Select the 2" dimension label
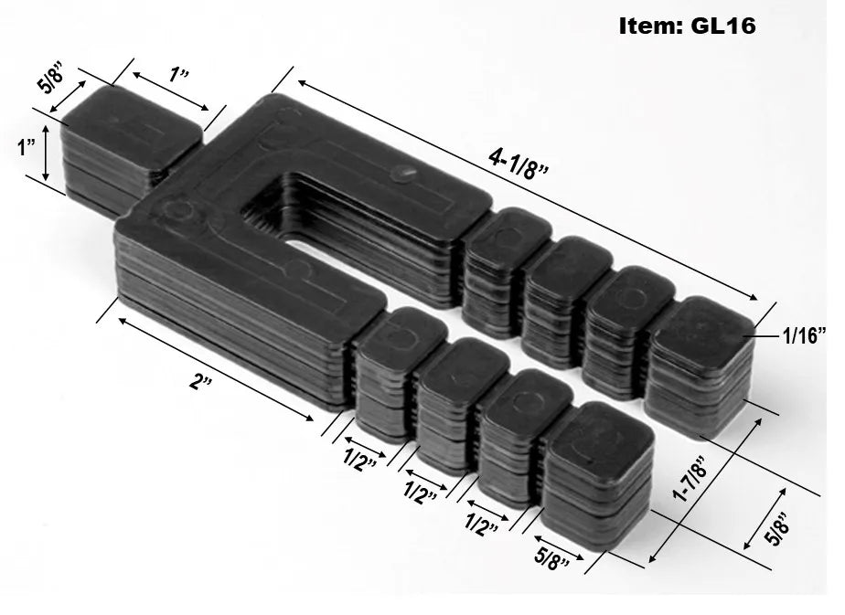(198, 381)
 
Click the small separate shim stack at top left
(128, 142)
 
